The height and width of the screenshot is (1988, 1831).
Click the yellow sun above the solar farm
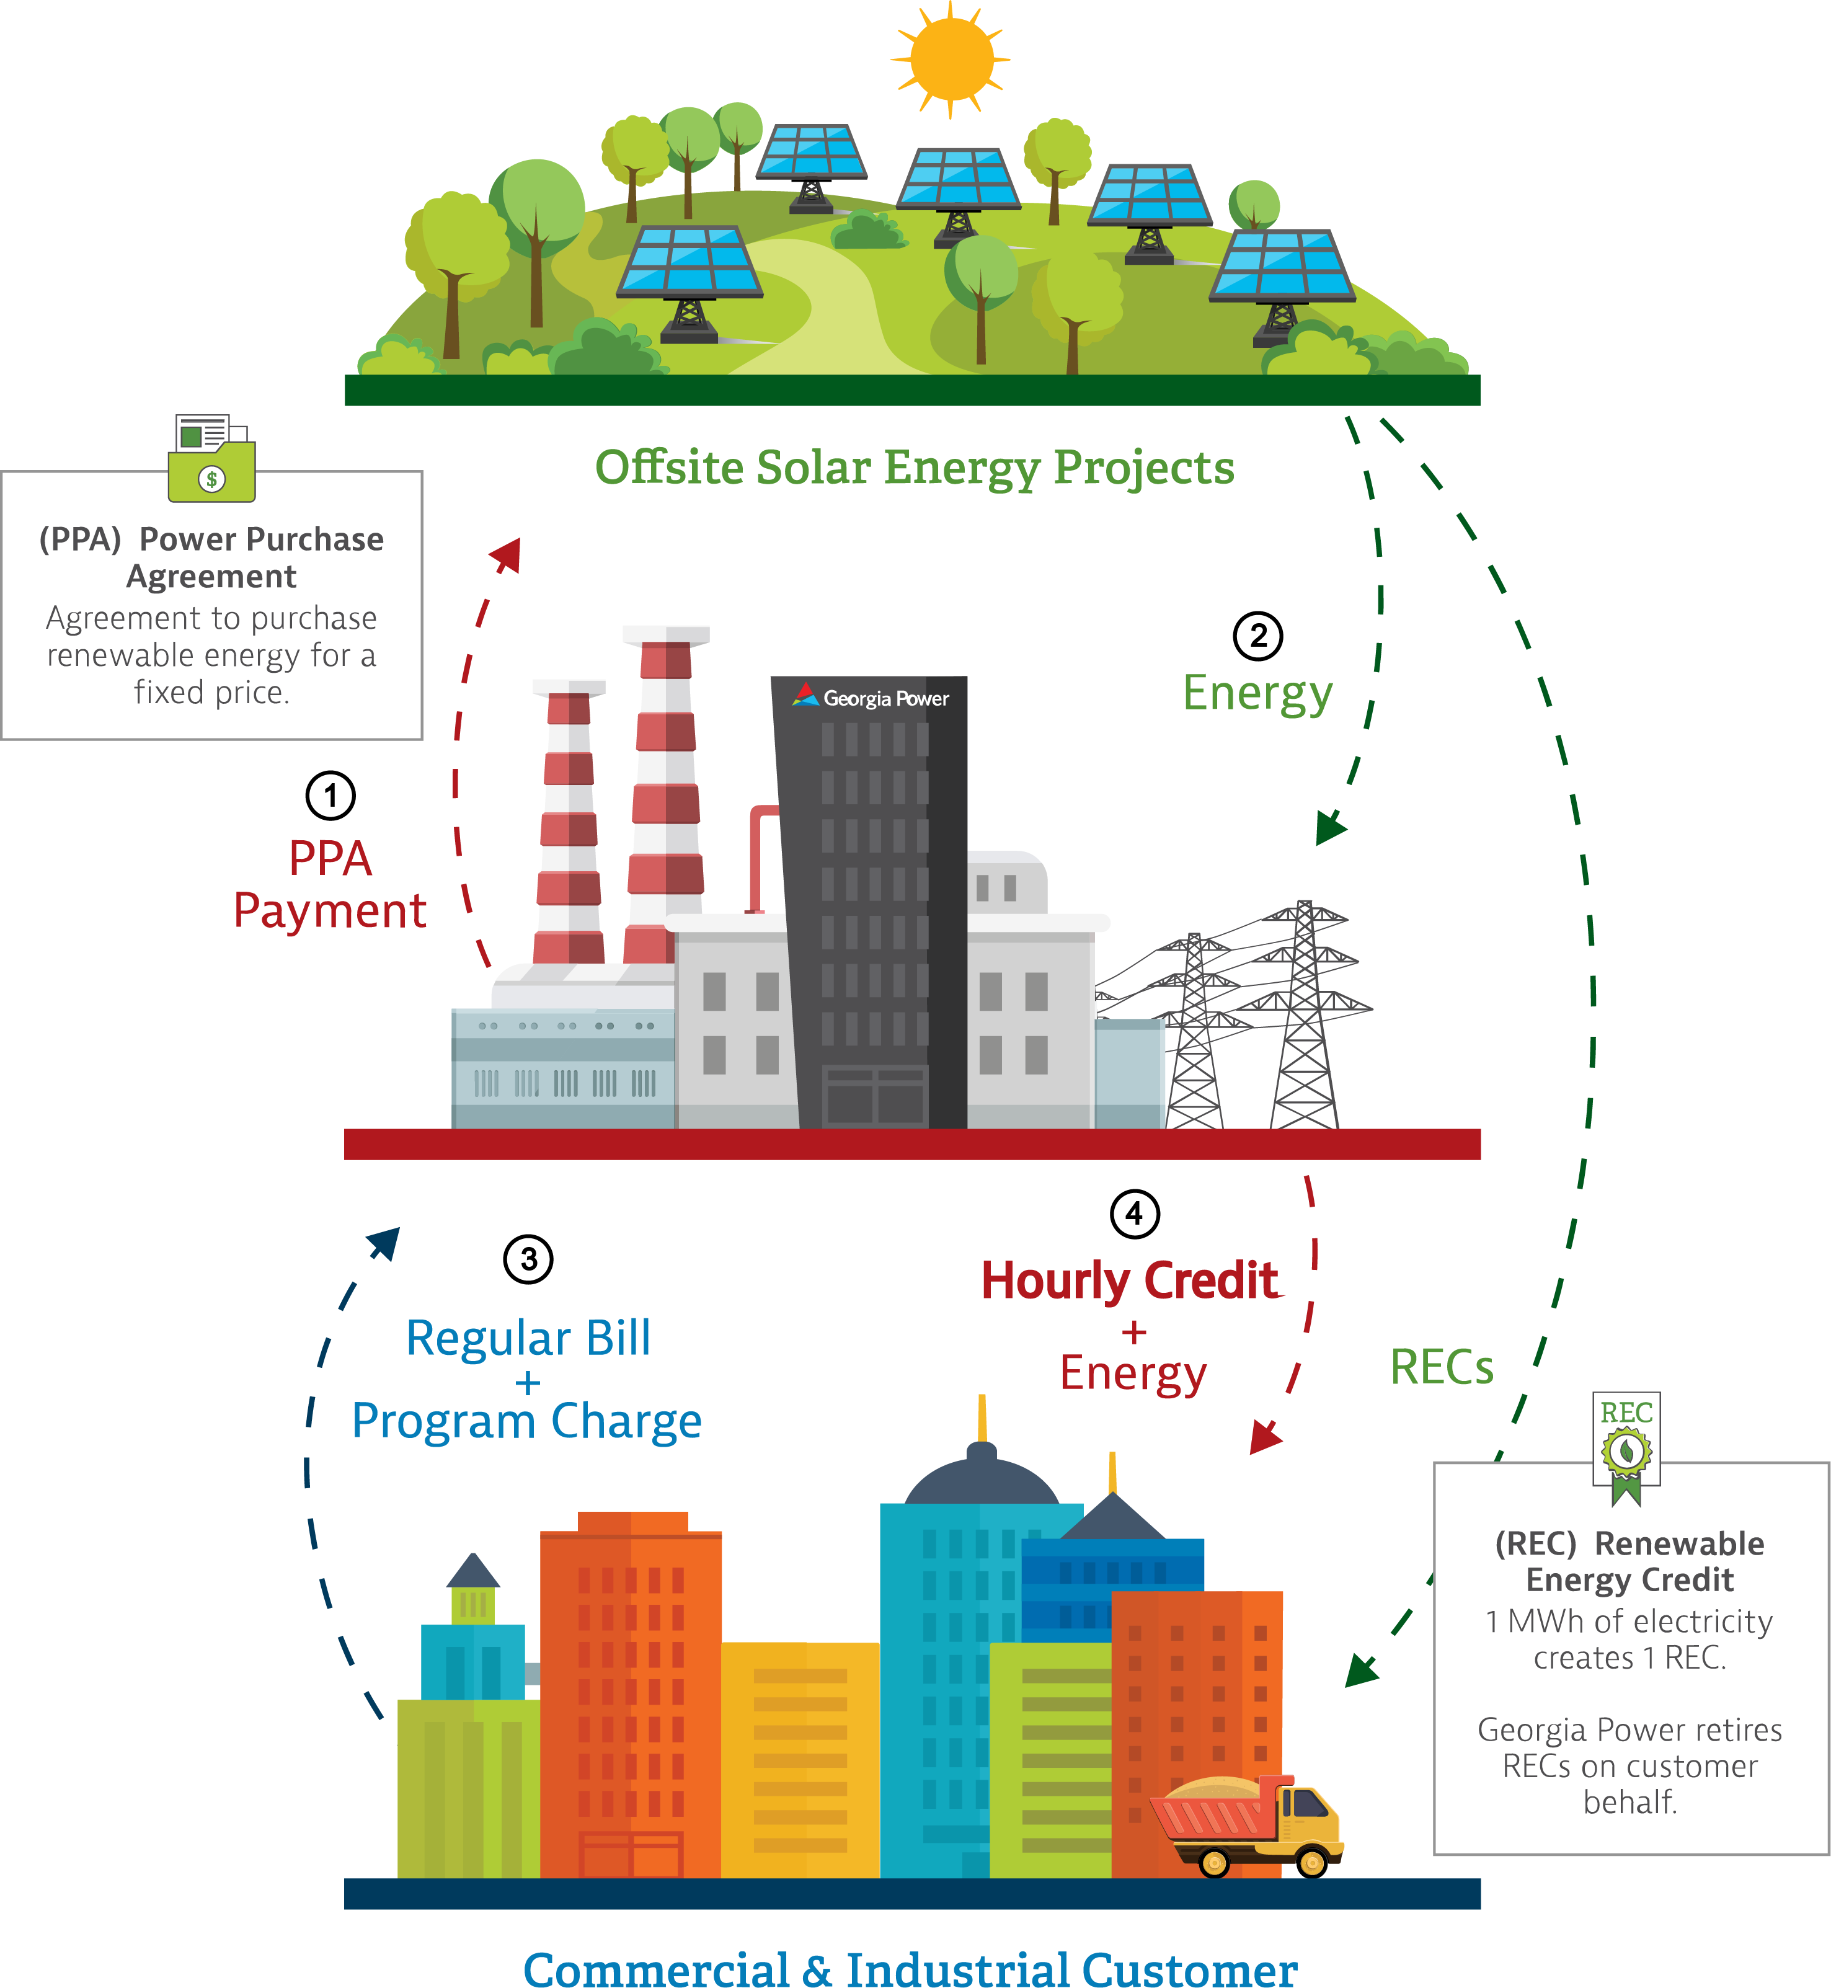(x=951, y=58)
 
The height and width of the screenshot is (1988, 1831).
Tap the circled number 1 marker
(x=330, y=795)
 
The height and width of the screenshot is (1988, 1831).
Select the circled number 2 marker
(x=1257, y=635)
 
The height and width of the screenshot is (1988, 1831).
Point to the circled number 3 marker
(x=528, y=1259)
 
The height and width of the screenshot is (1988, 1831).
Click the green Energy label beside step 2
(x=1257, y=693)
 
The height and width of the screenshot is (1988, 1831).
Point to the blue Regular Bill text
(x=528, y=1338)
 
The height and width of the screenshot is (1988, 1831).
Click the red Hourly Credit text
(x=1130, y=1280)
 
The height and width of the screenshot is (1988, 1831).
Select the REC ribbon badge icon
(x=1626, y=1447)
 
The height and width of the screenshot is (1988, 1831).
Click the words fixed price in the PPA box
(x=211, y=692)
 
